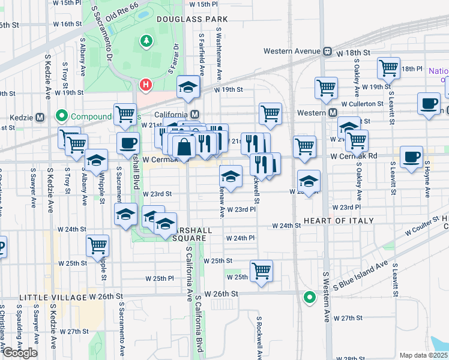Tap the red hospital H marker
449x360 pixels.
145,85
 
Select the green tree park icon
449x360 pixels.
145,41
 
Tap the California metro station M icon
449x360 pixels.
194,114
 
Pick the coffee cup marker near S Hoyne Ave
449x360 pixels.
411,156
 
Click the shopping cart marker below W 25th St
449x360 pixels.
261,270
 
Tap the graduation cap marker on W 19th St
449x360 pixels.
188,88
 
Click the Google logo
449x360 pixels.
20,353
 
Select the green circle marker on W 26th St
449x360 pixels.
309,296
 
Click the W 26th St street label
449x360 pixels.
222,294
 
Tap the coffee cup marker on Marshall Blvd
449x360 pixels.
127,143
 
